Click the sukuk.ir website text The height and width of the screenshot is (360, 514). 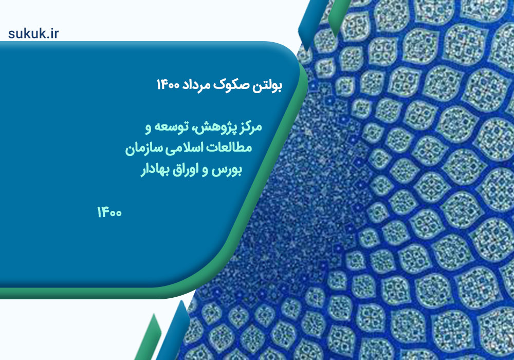tap(33, 33)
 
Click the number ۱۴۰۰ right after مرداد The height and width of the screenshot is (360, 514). tap(168, 85)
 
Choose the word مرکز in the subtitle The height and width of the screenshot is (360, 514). tap(250, 127)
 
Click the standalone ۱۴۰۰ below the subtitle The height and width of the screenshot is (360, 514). tap(109, 212)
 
